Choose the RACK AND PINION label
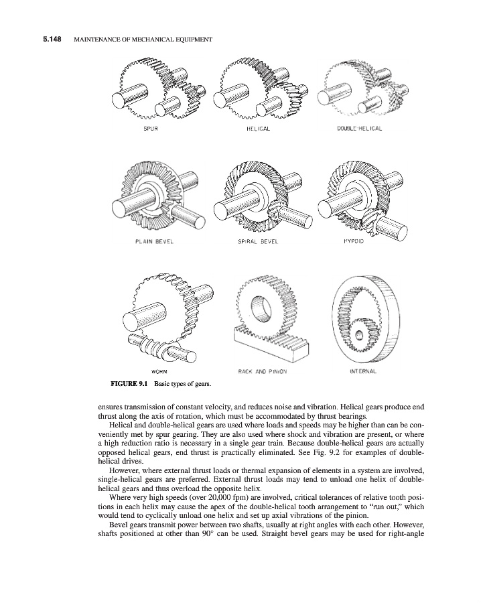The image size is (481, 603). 262,371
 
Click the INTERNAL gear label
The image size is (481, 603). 364,370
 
